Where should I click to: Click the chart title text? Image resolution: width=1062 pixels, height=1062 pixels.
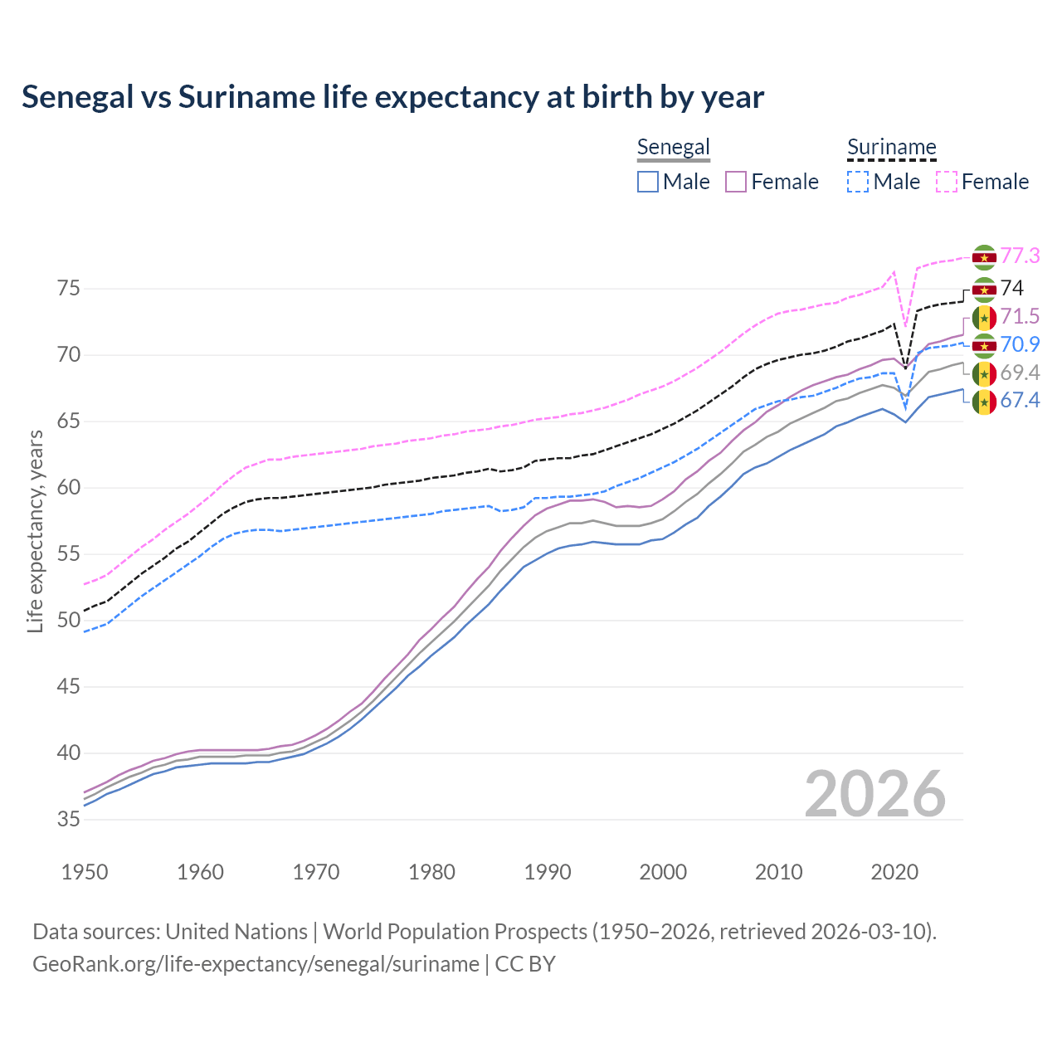click(x=392, y=97)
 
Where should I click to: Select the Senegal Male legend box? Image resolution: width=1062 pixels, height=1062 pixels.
click(x=648, y=182)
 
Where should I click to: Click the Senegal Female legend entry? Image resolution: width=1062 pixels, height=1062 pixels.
click(x=772, y=182)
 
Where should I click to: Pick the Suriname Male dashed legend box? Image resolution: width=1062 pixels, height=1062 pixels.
click(x=858, y=182)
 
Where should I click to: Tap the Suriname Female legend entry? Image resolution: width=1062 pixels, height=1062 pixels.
click(x=982, y=182)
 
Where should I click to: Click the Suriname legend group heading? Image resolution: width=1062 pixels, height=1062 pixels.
click(x=891, y=148)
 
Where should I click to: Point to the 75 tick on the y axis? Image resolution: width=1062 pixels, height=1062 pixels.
click(x=68, y=289)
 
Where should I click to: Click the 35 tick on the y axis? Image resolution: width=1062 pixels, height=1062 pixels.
click(x=68, y=820)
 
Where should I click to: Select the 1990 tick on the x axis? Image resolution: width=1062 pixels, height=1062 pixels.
click(x=548, y=872)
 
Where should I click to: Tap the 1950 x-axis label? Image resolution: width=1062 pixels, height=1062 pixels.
click(x=85, y=872)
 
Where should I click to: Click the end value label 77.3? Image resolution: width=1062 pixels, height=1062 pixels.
click(x=1020, y=256)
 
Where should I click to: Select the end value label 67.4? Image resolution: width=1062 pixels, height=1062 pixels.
click(x=1020, y=401)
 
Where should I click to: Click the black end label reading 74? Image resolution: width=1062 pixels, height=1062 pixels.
click(x=1011, y=288)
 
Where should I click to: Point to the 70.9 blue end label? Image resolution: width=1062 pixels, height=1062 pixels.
click(x=1020, y=344)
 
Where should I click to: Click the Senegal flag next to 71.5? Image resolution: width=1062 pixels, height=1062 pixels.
click(x=984, y=317)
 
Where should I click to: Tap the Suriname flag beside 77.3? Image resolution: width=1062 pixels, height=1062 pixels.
click(x=984, y=257)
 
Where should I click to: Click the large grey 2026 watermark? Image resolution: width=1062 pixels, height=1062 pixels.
click(x=874, y=794)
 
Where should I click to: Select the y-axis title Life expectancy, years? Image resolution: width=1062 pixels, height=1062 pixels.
click(x=36, y=531)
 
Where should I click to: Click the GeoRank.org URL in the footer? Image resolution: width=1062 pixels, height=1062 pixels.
click(x=256, y=964)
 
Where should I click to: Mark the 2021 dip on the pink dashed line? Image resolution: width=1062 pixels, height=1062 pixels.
click(x=905, y=326)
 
